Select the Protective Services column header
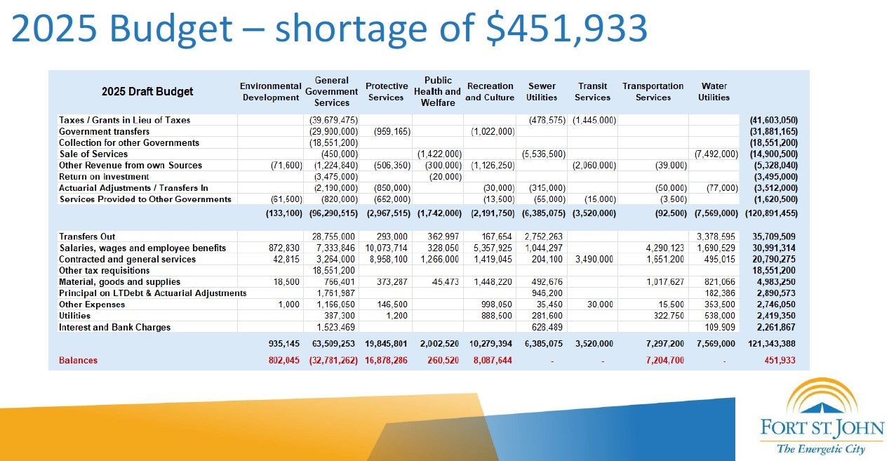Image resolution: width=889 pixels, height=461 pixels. (x=386, y=92)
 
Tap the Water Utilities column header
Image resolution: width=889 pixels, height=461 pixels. (x=714, y=92)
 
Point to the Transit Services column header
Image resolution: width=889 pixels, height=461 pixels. (x=592, y=92)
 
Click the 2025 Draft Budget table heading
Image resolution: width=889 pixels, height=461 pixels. (x=147, y=91)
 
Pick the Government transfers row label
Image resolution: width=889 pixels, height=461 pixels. (x=104, y=132)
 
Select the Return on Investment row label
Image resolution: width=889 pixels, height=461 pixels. (x=104, y=177)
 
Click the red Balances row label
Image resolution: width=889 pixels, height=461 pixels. (x=78, y=361)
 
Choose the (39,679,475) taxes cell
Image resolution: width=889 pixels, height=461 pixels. (x=333, y=121)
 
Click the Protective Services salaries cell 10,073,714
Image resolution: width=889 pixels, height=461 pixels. (x=385, y=248)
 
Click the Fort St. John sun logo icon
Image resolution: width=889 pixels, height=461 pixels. (x=822, y=397)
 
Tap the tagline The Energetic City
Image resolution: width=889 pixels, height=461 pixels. (x=820, y=449)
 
